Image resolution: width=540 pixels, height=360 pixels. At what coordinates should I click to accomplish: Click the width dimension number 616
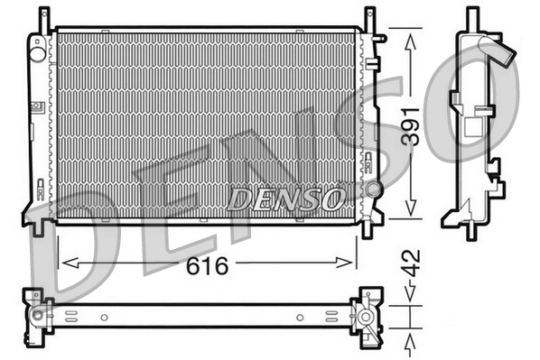click(207, 265)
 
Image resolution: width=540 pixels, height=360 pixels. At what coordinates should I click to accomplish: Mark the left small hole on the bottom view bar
click(105, 317)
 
